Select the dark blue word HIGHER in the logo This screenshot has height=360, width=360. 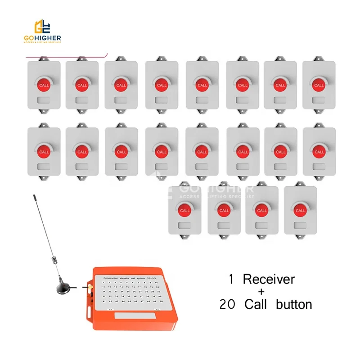(48, 39)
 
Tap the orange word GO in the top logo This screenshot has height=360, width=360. (30, 39)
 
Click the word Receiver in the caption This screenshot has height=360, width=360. (269, 279)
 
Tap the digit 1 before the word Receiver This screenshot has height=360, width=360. (231, 279)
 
